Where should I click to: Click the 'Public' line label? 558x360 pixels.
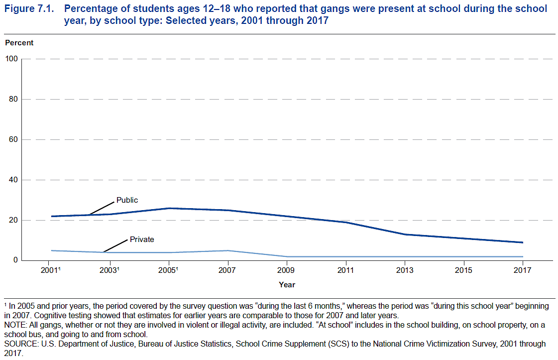pyautogui.click(x=127, y=200)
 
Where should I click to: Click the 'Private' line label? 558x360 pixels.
pyautogui.click(x=142, y=240)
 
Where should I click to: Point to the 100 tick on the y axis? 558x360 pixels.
pyautogui.click(x=12, y=59)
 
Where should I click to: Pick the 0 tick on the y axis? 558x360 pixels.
pyautogui.click(x=15, y=260)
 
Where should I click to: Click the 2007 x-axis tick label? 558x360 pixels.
pyautogui.click(x=227, y=270)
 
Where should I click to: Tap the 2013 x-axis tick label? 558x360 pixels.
pyautogui.click(x=405, y=270)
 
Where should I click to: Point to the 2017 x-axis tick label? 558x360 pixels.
pyautogui.click(x=523, y=270)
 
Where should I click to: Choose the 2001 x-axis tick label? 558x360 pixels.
pyautogui.click(x=50, y=270)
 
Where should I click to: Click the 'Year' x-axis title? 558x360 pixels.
pyautogui.click(x=287, y=285)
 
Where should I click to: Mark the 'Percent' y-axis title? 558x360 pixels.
pyautogui.click(x=19, y=43)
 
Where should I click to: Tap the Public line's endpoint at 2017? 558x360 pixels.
pyautogui.click(x=523, y=242)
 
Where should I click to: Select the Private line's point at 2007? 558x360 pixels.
pyautogui.click(x=227, y=250)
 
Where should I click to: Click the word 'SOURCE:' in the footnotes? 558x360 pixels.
pyautogui.click(x=19, y=344)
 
